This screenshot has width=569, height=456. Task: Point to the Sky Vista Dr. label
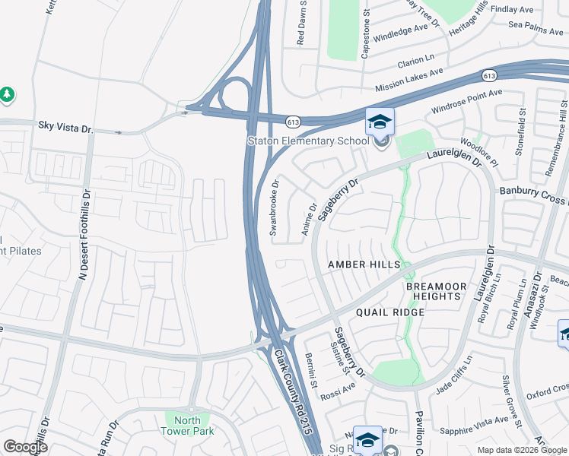65,125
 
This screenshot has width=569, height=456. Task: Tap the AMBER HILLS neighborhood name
364,264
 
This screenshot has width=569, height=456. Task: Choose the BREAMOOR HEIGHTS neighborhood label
434,290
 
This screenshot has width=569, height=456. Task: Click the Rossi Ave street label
340,388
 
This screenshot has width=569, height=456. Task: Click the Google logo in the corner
25,447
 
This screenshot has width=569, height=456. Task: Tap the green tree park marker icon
7,94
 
